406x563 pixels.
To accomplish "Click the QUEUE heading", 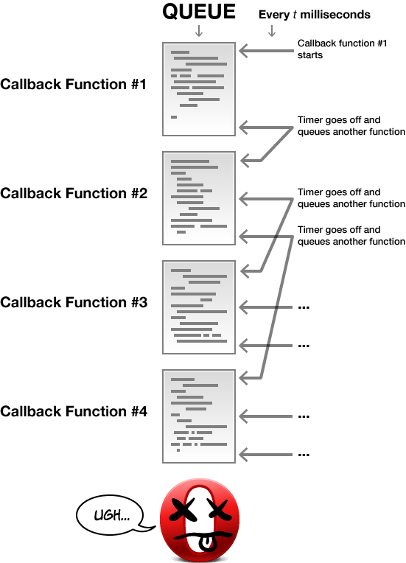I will click(x=199, y=13).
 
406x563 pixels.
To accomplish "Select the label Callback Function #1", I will click(x=74, y=84).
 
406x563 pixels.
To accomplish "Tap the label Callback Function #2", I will click(x=74, y=193).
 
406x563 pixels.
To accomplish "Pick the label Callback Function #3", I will click(x=74, y=302).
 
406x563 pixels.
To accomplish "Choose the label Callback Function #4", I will click(x=74, y=411).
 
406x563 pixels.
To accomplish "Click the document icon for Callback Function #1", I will click(x=199, y=89).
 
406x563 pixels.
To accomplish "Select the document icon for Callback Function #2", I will click(x=199, y=197).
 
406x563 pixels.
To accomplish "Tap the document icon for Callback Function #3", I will click(x=199, y=307).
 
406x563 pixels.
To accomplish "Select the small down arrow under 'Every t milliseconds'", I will click(x=271, y=31).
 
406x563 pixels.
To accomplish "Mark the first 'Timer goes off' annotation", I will click(x=351, y=125).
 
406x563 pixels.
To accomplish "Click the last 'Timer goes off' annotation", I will click(x=351, y=235).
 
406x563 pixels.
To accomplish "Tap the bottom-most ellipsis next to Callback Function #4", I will click(x=303, y=454).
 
